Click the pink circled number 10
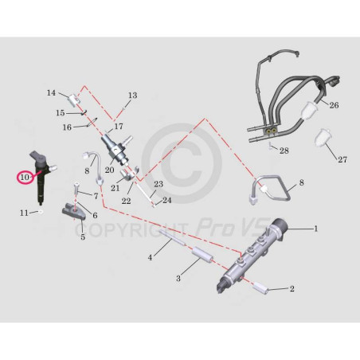pyautogui.click(x=25, y=177)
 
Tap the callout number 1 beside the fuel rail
pyautogui.click(x=315, y=229)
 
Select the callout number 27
pyautogui.click(x=342, y=159)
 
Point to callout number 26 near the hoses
pyautogui.click(x=334, y=105)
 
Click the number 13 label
pyautogui.click(x=133, y=95)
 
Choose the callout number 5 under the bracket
pyautogui.click(x=83, y=237)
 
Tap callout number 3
pyautogui.click(x=178, y=278)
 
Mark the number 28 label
pyautogui.click(x=284, y=151)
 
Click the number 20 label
pyautogui.click(x=109, y=170)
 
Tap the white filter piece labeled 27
pyautogui.click(x=323, y=139)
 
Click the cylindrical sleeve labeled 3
pyautogui.click(x=203, y=255)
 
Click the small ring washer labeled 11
pyautogui.click(x=41, y=212)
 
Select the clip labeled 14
pyautogui.click(x=74, y=100)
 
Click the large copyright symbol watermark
pyautogui.click(x=181, y=163)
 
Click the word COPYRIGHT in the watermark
pyautogui.click(x=131, y=230)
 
